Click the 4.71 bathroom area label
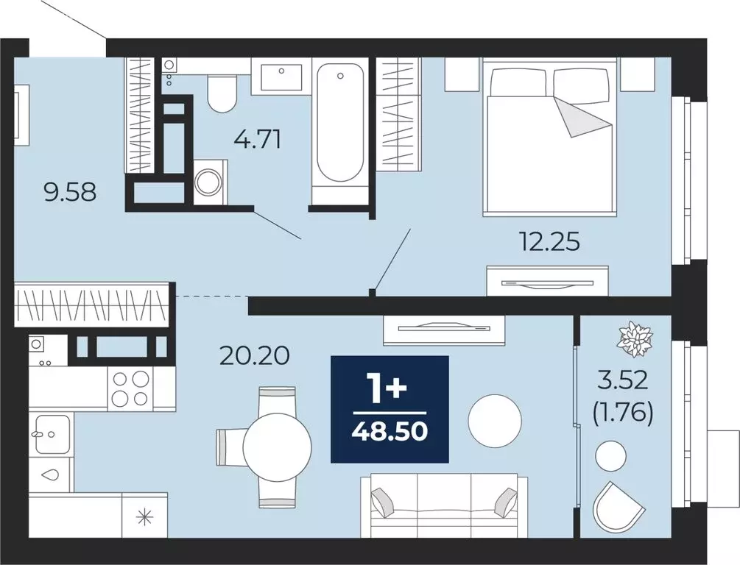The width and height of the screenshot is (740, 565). tap(257, 140)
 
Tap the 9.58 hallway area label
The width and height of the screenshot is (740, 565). tap(70, 193)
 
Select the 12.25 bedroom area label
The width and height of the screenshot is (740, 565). tap(549, 243)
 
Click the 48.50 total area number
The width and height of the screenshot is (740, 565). tap(390, 430)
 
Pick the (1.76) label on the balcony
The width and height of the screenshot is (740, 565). tap(622, 413)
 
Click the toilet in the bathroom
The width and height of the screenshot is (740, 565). tap(222, 94)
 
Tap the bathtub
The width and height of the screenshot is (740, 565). tap(339, 123)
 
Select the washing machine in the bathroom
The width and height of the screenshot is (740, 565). tap(210, 182)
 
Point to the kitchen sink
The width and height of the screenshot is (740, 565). tap(52, 433)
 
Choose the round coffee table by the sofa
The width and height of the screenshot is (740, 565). tap(495, 420)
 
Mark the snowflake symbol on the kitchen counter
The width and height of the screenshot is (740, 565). tap(144, 517)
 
